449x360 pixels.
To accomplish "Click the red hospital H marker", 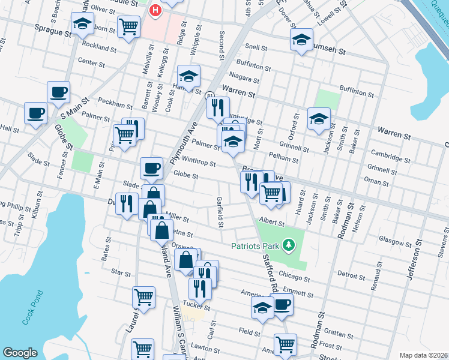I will coord(155,10).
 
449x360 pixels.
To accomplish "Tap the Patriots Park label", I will coord(256,245).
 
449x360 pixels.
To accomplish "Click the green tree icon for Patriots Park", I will coord(289,245).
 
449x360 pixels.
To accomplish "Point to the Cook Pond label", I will coord(32,308).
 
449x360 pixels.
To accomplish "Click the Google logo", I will coord(20,353).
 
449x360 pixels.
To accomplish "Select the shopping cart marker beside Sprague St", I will coord(129,26).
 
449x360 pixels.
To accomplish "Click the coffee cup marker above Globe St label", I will coord(151,168).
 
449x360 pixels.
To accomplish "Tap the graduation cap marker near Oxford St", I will coord(319,119).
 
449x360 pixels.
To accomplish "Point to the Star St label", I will coord(121,273).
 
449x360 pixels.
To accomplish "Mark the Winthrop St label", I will coord(199,162).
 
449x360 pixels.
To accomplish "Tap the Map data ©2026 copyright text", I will coord(423,355).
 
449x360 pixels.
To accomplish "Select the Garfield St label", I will coord(220,213).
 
